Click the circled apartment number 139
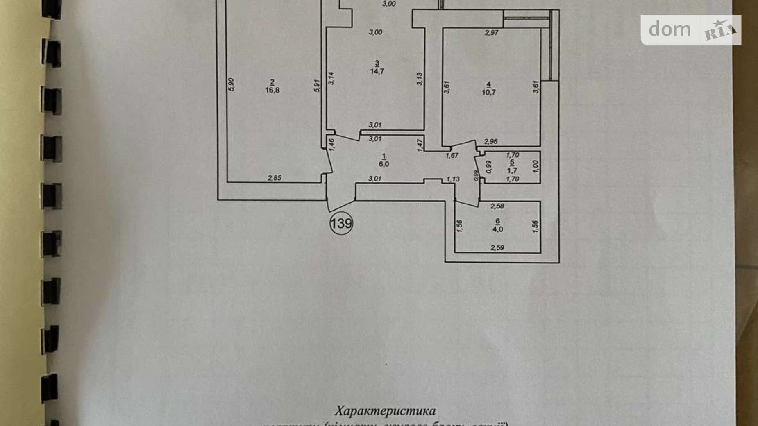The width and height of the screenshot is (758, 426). click(341, 224)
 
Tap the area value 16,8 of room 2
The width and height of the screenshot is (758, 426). click(272, 90)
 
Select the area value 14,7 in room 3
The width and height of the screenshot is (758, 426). click(377, 71)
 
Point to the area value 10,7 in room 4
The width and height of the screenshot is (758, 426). click(489, 92)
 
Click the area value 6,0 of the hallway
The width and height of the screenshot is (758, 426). click(384, 164)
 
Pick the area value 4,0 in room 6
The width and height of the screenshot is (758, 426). click(498, 229)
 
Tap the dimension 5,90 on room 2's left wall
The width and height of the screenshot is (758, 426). click(231, 84)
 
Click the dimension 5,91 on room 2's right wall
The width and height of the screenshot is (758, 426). click(317, 86)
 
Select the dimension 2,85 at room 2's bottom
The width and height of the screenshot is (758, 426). click(275, 178)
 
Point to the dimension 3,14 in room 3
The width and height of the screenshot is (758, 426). click(331, 78)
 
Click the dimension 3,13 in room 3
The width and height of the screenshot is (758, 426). click(420, 79)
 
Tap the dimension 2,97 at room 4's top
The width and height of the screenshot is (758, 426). click(492, 33)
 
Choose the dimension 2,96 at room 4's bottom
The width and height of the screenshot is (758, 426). click(491, 142)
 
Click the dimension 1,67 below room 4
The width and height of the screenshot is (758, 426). click(452, 156)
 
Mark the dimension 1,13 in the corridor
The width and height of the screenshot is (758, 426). click(453, 179)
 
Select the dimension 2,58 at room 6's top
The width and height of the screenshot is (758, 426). click(497, 206)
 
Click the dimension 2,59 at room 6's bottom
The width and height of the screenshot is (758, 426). click(497, 247)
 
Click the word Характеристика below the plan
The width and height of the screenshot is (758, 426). click(385, 411)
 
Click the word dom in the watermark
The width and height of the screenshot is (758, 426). click(669, 29)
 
